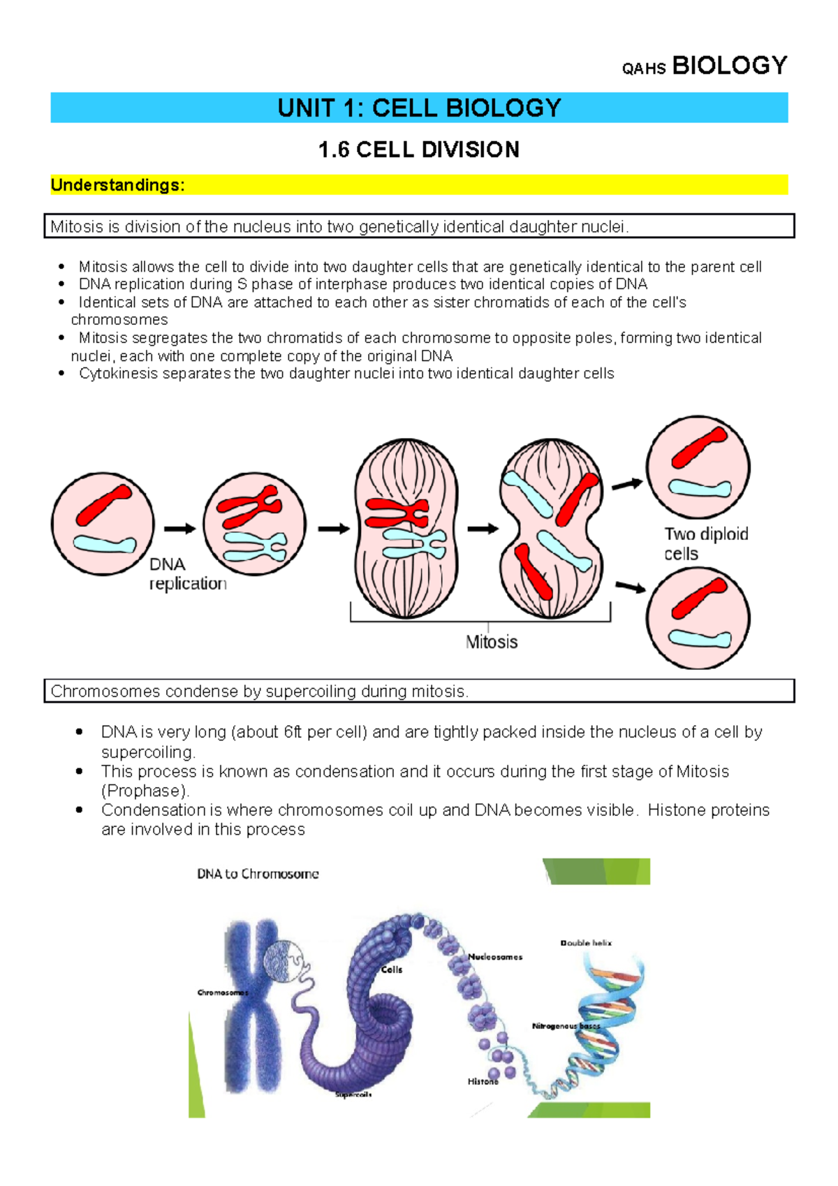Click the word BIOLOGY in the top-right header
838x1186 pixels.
coord(729,66)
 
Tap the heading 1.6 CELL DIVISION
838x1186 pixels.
coord(418,149)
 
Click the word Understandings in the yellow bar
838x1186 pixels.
coord(117,185)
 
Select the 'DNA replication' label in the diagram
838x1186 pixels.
coord(187,573)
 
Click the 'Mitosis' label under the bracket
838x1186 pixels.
coord(492,642)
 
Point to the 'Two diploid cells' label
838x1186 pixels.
coord(705,543)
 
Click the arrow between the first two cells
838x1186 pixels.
coord(179,529)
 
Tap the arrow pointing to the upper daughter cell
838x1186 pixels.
coord(626,483)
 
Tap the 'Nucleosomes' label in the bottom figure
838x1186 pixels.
coord(495,957)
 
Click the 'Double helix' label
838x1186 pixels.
coord(586,943)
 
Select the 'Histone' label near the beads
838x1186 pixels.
coord(483,1081)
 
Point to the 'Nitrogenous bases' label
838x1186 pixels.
coord(566,1026)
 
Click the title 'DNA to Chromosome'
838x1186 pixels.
coord(258,874)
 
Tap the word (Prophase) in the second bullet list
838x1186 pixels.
coord(145,791)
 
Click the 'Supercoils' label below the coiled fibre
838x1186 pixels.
coord(353,1095)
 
